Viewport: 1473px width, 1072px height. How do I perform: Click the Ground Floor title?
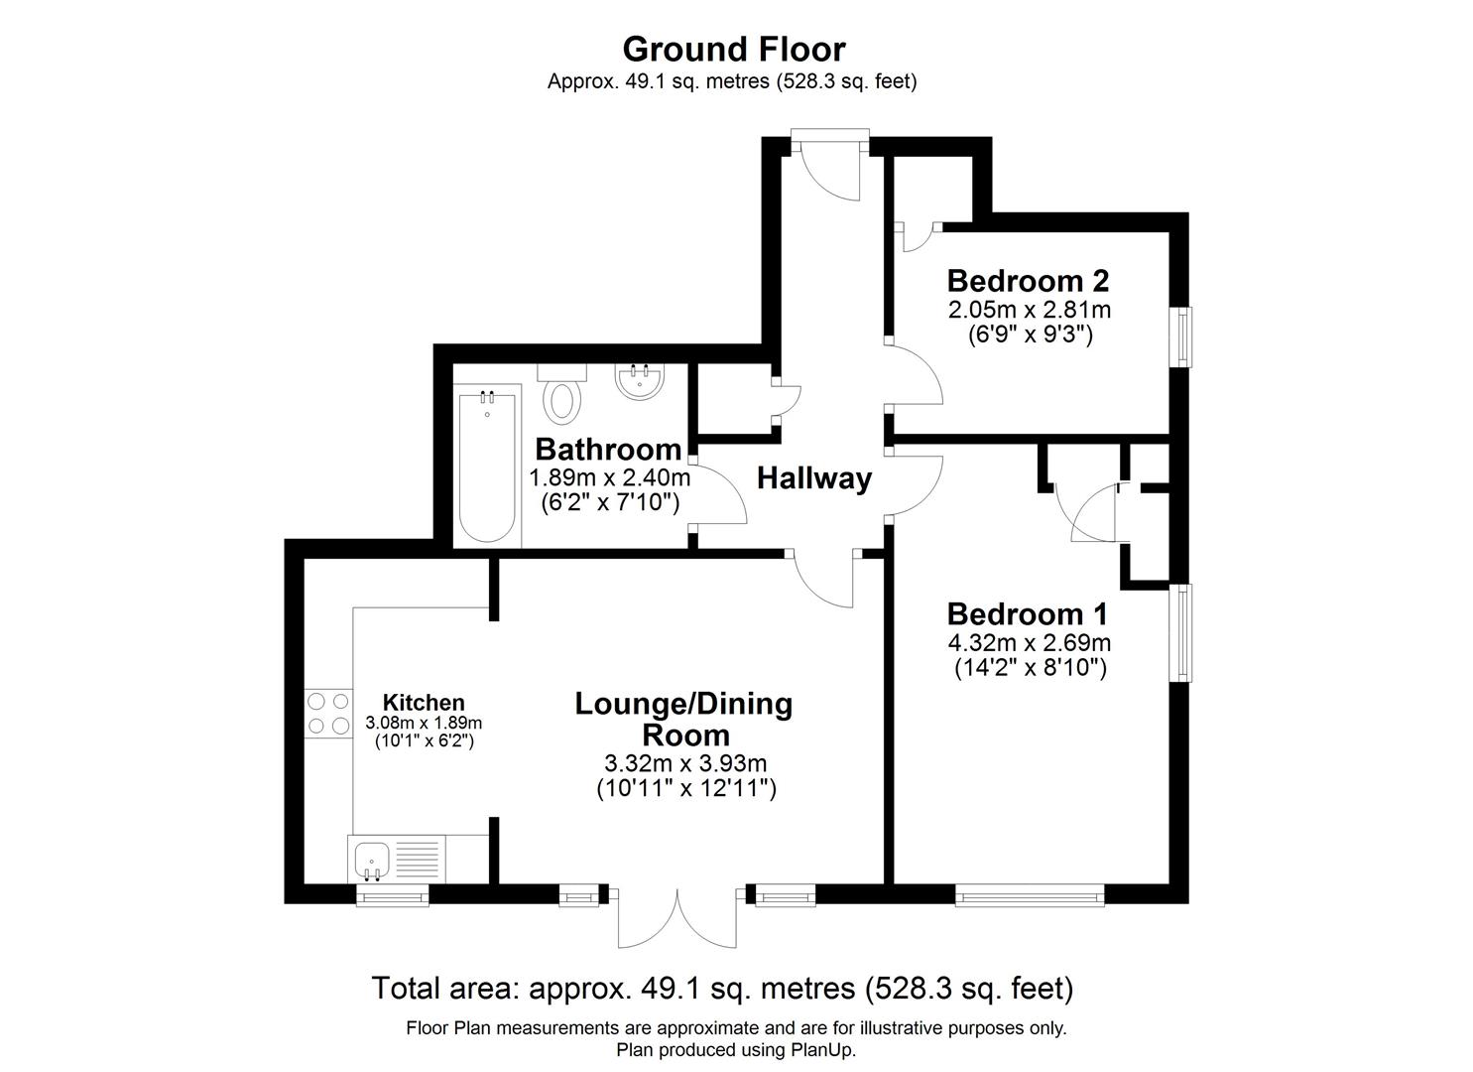733,49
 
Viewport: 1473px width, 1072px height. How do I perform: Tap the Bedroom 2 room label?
1028,281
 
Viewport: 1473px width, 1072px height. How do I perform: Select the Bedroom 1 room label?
1028,613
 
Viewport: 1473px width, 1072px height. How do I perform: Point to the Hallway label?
813,478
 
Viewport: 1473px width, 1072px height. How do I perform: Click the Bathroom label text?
608,450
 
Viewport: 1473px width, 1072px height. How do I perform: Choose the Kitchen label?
424,703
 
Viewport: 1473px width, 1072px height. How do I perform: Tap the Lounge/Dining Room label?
684,720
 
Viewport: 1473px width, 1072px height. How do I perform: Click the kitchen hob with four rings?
328,713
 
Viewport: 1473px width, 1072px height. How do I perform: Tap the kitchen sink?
373,858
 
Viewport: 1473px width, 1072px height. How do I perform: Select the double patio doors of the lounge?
678,918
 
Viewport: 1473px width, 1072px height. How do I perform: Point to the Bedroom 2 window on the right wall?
1184,337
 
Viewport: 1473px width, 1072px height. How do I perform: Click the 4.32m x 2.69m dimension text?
1030,642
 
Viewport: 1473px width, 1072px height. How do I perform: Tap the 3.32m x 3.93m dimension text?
684,763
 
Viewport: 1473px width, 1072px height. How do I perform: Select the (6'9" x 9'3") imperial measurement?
1030,335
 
